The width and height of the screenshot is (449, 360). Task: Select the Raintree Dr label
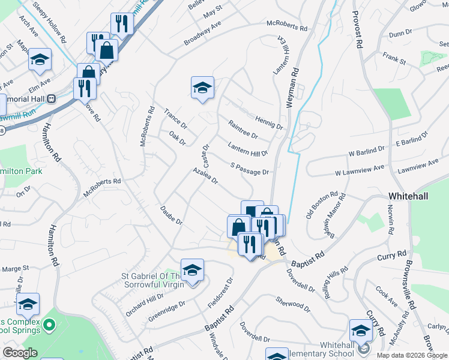pyautogui.click(x=243, y=129)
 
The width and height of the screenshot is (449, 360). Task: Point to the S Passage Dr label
pyautogui.click(x=250, y=169)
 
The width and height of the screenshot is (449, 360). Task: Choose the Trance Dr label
pyautogui.click(x=176, y=119)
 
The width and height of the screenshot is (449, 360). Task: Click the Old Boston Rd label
pyautogui.click(x=327, y=205)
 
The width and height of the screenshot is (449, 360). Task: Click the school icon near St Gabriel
pyautogui.click(x=192, y=271)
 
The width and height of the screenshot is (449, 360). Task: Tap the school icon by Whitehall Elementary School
pyautogui.click(x=361, y=331)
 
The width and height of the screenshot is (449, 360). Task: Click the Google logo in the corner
pyautogui.click(x=20, y=353)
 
